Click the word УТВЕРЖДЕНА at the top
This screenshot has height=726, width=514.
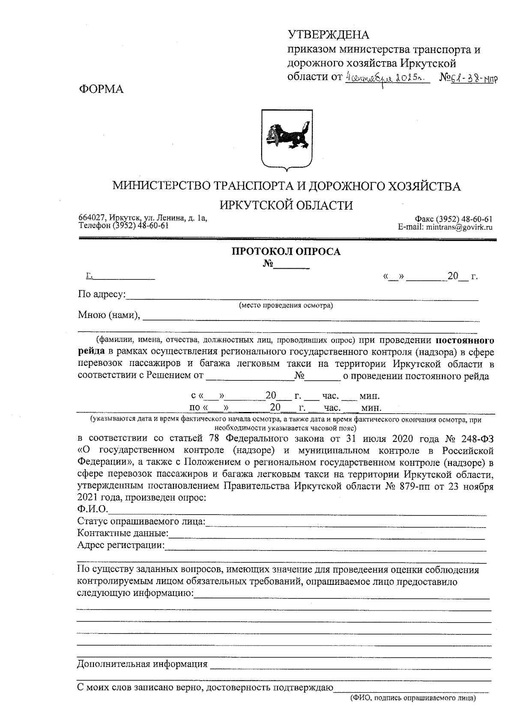(x=328, y=35)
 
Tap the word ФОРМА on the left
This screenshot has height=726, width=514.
(x=101, y=89)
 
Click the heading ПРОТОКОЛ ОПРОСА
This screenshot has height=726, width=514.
(x=286, y=252)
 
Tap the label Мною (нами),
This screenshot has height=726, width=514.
(x=109, y=315)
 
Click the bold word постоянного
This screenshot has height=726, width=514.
(x=465, y=341)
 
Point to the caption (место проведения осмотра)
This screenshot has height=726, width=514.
(x=286, y=305)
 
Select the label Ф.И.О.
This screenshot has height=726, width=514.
(x=92, y=509)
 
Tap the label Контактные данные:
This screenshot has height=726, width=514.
(x=123, y=533)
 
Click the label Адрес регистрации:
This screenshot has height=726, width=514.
(x=121, y=545)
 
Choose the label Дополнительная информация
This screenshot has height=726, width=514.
(x=142, y=664)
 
